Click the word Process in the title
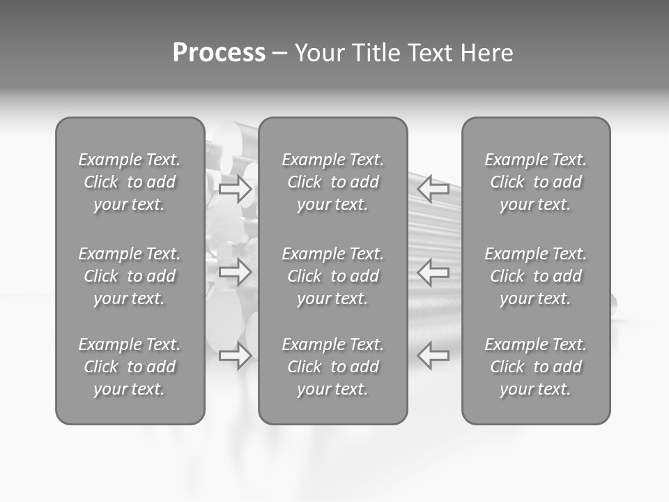219,53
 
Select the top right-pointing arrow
236,188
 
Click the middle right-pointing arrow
236,272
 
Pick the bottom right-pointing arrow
236,356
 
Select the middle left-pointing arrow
433,272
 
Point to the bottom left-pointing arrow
433,356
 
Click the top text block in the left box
130,182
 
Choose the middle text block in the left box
130,276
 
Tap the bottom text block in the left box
130,367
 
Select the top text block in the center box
332,182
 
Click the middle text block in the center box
332,276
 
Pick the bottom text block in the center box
332,367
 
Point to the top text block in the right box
535,182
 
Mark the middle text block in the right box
535,276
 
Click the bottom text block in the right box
535,367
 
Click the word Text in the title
430,53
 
